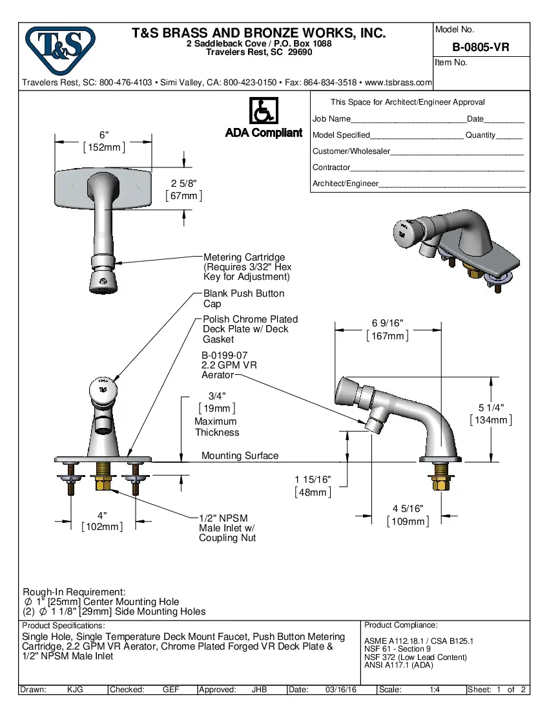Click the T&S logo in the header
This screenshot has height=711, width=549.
(x=60, y=50)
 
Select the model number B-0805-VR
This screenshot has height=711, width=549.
(x=481, y=47)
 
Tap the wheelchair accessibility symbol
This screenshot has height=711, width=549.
(x=263, y=111)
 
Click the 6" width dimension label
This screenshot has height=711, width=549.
(x=104, y=135)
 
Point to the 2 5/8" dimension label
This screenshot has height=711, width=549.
(x=184, y=183)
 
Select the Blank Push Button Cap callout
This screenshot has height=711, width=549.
(x=243, y=298)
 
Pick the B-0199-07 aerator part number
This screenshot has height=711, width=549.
(x=224, y=355)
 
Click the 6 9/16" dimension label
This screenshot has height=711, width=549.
(x=388, y=323)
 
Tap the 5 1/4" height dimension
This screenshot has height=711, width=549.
(x=491, y=407)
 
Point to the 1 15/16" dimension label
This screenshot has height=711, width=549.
(x=313, y=480)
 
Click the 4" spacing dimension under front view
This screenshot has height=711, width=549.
(x=102, y=515)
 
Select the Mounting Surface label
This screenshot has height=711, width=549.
(x=240, y=456)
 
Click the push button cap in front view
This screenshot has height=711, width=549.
(x=103, y=389)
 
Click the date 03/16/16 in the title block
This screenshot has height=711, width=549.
(x=341, y=690)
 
